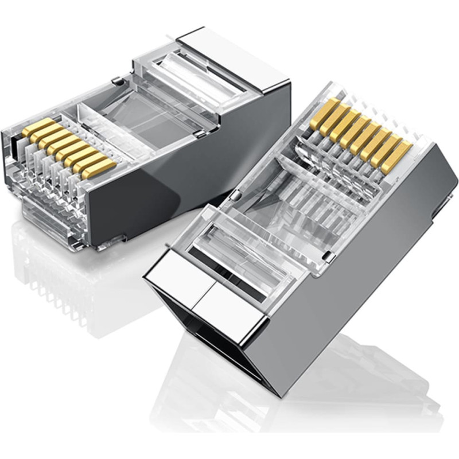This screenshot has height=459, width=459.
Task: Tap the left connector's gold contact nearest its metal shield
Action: (x=99, y=168)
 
